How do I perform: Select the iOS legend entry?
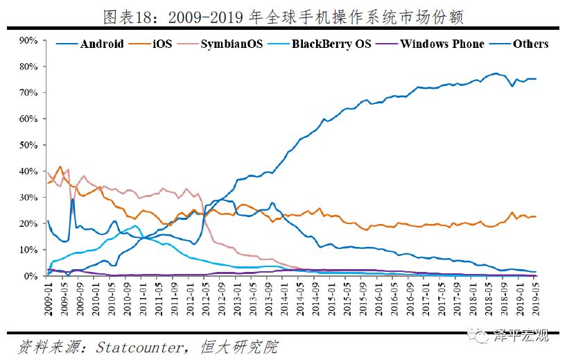[x=152, y=44]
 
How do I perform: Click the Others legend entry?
[x=530, y=44]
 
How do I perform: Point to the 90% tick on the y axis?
[x=28, y=40]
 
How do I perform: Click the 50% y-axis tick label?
[x=28, y=145]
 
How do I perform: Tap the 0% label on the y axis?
[x=30, y=276]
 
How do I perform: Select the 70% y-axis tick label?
[x=28, y=92]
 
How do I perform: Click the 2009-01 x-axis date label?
[x=48, y=298]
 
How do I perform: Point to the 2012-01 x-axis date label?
[x=189, y=298]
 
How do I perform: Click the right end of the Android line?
[x=536, y=78]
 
